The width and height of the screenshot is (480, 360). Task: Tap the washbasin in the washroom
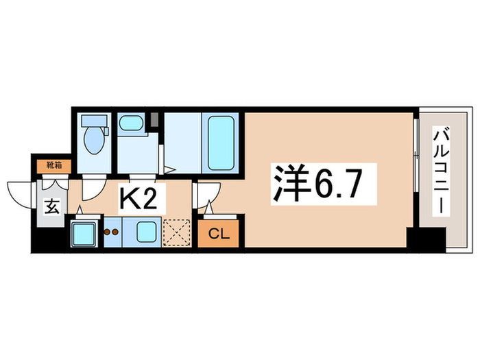point(130,124)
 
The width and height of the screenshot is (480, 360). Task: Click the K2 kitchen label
point(143,200)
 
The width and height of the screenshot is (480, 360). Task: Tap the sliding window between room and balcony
point(416,171)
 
